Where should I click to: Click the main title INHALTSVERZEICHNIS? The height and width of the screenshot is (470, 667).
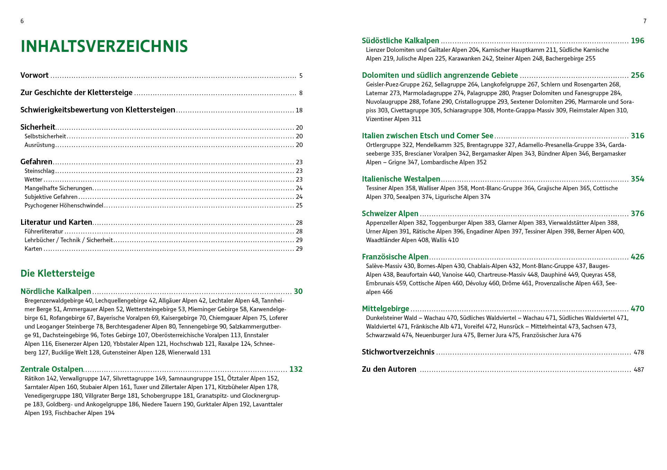click(104, 47)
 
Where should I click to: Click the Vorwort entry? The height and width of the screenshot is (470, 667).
click(35, 75)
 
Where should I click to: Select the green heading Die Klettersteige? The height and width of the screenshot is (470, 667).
click(57, 274)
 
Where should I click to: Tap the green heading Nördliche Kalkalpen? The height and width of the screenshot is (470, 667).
click(56, 292)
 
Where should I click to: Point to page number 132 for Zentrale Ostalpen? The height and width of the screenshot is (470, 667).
click(296, 369)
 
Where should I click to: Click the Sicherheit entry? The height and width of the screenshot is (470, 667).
click(38, 127)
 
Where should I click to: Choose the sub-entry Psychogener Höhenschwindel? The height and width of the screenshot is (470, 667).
click(64, 205)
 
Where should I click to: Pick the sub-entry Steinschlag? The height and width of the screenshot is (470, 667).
click(39, 171)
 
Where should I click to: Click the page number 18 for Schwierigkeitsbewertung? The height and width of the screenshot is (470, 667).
click(299, 110)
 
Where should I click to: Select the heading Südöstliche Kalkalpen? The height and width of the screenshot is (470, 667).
click(400, 41)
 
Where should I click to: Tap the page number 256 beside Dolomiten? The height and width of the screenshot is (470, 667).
click(637, 75)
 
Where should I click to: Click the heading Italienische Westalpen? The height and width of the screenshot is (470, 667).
click(401, 179)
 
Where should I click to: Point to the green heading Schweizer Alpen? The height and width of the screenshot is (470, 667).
click(390, 214)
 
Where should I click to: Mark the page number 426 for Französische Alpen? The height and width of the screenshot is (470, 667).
click(637, 257)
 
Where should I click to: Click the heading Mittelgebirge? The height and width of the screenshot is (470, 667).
click(385, 309)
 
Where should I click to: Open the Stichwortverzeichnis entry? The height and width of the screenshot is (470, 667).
click(398, 352)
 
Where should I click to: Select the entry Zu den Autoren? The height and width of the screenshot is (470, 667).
click(389, 369)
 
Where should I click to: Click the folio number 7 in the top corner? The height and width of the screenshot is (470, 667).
click(645, 21)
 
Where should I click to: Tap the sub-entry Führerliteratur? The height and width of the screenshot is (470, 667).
click(44, 231)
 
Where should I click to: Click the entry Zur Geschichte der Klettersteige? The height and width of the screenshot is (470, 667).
click(77, 93)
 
